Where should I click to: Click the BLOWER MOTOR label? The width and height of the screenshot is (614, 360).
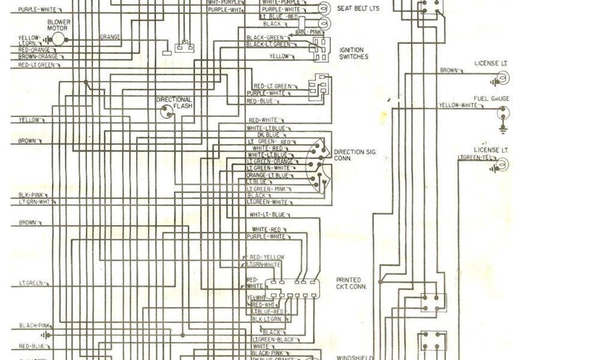click(59, 25)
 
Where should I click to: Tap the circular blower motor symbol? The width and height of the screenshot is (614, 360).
click(59, 39)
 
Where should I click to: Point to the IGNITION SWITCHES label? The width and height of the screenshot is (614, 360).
click(354, 53)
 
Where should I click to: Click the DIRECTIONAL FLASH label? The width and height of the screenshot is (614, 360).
click(174, 103)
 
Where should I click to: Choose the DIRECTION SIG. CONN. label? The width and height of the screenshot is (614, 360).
click(355, 155)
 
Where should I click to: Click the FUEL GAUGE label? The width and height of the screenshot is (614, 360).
click(491, 98)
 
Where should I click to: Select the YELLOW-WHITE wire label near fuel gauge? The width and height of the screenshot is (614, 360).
click(458, 105)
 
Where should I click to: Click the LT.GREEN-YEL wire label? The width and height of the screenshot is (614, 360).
click(477, 158)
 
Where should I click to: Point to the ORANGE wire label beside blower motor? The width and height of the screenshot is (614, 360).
click(110, 37)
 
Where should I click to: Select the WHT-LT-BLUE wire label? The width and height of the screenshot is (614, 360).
click(267, 214)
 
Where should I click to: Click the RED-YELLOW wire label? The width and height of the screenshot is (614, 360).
click(267, 257)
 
